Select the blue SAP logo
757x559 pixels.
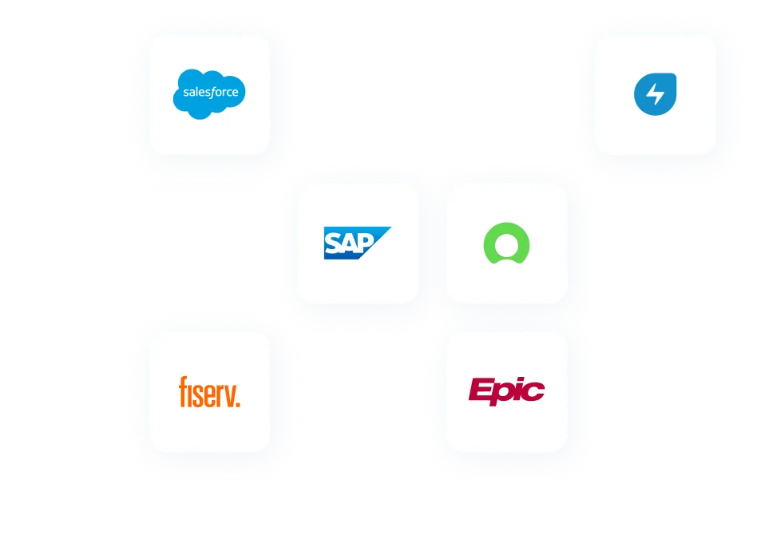[x=356, y=243]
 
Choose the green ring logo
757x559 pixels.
[x=506, y=243]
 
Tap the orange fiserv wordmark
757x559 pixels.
[x=209, y=391]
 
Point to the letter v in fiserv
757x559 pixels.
[x=228, y=394]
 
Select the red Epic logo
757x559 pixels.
[x=506, y=391]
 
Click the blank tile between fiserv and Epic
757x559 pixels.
[x=358, y=391]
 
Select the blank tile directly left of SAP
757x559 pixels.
[x=210, y=243]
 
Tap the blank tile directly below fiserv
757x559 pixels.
[x=210, y=519]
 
